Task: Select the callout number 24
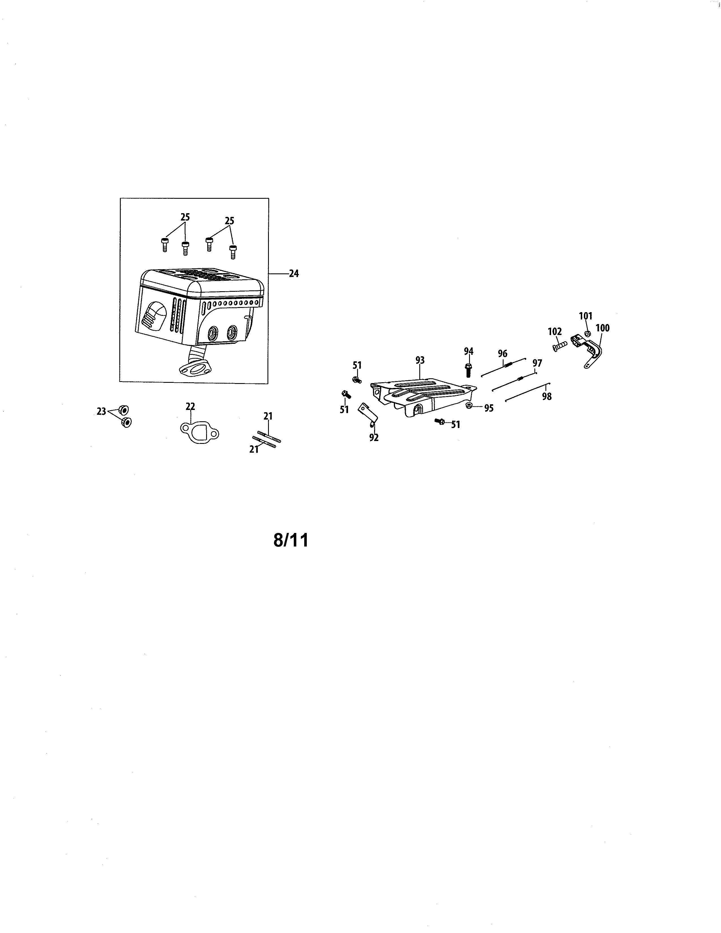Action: tap(294, 274)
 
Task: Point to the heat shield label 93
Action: tap(420, 360)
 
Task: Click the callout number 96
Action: tap(502, 354)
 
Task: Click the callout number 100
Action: tap(602, 328)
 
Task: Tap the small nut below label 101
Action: tap(587, 333)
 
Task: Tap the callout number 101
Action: tap(586, 316)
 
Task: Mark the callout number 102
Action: tap(555, 332)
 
